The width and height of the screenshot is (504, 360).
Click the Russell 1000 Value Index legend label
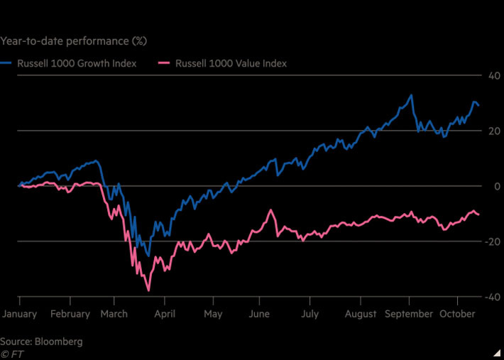231,64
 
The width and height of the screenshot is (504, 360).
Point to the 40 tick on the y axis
491,76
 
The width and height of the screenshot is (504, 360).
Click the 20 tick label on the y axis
491,131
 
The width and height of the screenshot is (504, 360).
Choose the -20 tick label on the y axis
489,241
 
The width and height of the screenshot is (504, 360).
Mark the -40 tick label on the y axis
489,297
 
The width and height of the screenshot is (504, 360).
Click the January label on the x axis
19,314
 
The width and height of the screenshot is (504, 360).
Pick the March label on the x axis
114,314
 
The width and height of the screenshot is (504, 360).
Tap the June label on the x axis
260,314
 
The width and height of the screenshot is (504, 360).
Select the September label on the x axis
410,314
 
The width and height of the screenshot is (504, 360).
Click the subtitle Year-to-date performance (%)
74,40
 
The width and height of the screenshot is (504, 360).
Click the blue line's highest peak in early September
410,95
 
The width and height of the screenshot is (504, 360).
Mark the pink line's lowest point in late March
148,290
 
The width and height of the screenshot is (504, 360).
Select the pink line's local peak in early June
270,210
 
